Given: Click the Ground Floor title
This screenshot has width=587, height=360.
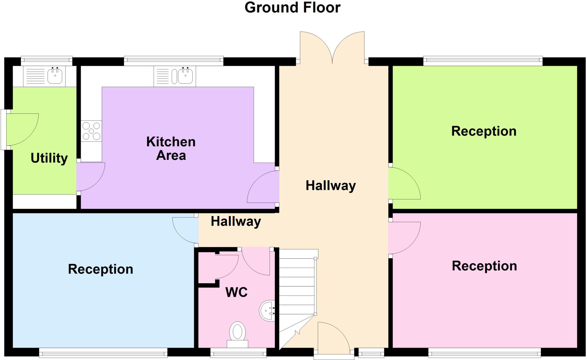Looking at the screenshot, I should (x=292, y=8).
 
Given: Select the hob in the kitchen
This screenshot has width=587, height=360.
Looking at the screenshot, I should (x=91, y=131).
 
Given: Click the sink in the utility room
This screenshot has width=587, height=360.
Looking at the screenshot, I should (x=54, y=76).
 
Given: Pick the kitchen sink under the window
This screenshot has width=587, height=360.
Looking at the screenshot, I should (x=185, y=76).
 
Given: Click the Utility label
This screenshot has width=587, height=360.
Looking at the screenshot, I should (x=49, y=158).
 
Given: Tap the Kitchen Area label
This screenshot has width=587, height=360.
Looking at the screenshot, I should (x=171, y=149).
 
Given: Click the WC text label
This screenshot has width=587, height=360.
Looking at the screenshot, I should (x=236, y=292).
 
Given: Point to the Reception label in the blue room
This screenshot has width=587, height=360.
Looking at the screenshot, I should (x=100, y=269).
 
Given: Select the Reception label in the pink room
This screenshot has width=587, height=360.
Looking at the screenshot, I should (x=484, y=266).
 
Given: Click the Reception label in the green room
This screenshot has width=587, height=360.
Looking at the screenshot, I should (x=484, y=131).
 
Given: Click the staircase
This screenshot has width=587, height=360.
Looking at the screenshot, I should (x=297, y=295).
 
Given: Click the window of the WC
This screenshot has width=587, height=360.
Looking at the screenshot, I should (x=238, y=353).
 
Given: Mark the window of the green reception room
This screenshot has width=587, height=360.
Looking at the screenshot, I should (x=483, y=61).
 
